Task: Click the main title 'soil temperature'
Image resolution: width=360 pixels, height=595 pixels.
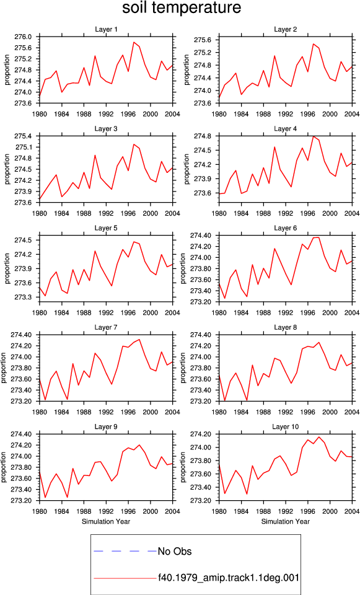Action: (182, 7)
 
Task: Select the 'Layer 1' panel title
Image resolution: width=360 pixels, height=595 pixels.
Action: (106, 30)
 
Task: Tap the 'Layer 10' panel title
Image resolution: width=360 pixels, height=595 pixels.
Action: (285, 427)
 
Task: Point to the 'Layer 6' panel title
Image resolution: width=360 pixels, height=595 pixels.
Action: (285, 228)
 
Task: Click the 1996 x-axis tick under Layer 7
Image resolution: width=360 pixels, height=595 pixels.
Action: (128, 413)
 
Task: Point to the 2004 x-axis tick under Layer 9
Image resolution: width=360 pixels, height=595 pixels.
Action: (173, 511)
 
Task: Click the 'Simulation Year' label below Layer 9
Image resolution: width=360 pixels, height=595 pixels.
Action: (106, 521)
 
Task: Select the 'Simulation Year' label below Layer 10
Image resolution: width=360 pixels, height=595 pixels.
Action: (285, 521)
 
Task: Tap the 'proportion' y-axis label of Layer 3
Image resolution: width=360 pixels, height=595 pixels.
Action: (7, 169)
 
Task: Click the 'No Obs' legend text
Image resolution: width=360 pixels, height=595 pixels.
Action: (175, 552)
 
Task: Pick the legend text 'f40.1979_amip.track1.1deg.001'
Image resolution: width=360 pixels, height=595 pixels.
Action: (229, 578)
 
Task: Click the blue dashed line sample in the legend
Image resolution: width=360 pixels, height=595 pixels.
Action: (125, 551)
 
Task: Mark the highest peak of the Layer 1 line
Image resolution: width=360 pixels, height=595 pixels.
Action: (134, 42)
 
